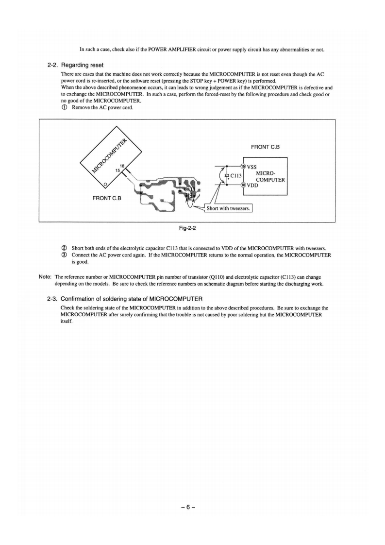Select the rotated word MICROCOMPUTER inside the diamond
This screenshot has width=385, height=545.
(x=111, y=155)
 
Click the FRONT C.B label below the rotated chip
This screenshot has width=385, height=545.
(x=107, y=198)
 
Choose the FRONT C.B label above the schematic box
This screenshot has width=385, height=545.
(x=266, y=146)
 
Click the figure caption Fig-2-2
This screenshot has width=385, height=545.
(x=187, y=227)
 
